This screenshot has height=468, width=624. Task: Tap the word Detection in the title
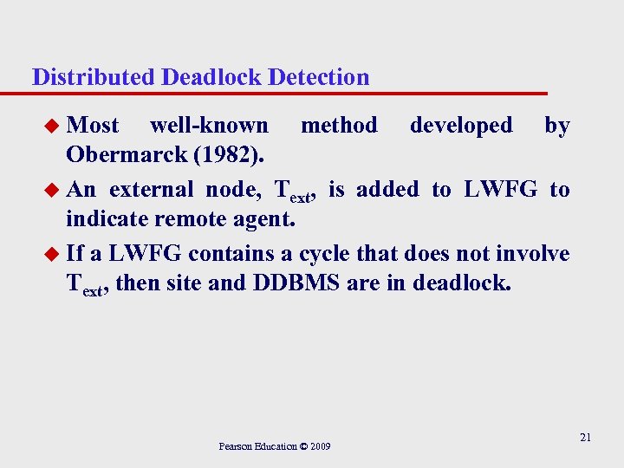pos(319,77)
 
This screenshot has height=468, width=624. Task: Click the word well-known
pos(209,126)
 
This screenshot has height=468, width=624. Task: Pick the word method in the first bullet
pos(339,126)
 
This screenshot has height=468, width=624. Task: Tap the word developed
pos(461,126)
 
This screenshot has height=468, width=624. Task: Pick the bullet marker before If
pos(55,253)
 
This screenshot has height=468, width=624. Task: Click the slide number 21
pos(585,438)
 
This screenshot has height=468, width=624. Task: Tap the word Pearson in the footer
pos(235,447)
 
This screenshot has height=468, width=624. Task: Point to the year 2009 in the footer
pos(321,447)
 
